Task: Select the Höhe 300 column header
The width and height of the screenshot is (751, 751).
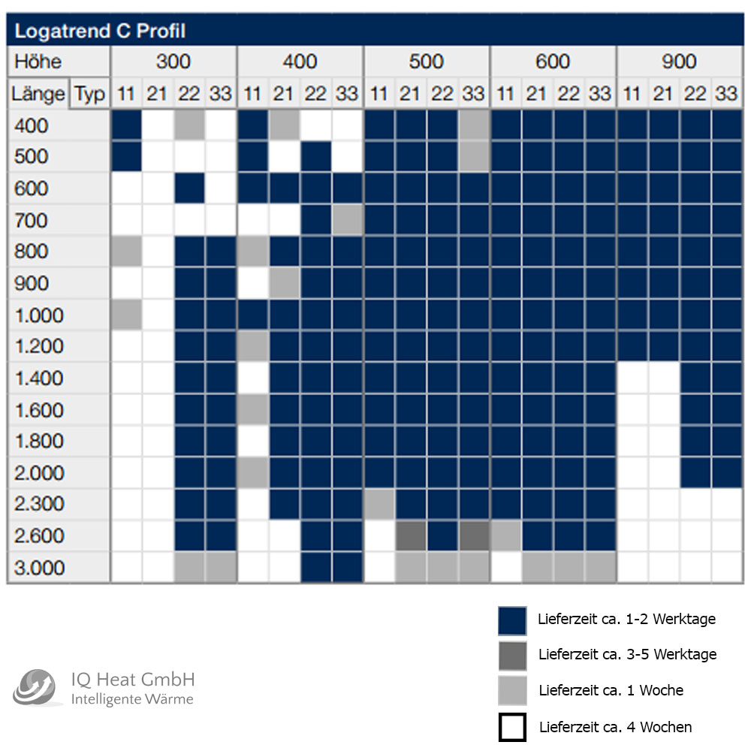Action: [173, 61]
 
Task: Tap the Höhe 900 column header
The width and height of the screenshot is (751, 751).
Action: [679, 61]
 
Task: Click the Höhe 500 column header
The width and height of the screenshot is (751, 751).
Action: [427, 61]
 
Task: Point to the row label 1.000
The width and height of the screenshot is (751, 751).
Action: [40, 315]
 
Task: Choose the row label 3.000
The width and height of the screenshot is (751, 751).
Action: [40, 568]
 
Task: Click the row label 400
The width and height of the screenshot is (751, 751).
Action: [31, 125]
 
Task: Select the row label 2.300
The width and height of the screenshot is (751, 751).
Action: [40, 504]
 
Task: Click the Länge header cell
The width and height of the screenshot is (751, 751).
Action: [38, 94]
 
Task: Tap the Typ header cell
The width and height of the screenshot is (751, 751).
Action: [90, 94]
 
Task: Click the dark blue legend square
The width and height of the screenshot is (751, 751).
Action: [512, 620]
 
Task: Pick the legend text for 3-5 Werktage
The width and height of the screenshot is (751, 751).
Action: [627, 654]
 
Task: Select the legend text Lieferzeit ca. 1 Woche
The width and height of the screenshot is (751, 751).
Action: [611, 689]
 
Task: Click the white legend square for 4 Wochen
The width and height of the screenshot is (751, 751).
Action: [512, 727]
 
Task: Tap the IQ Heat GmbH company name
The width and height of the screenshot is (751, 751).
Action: [133, 680]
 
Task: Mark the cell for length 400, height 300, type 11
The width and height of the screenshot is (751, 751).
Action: [126, 125]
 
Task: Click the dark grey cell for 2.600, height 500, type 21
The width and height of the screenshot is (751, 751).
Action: [411, 535]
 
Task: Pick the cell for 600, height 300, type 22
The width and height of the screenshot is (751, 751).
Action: [189, 189]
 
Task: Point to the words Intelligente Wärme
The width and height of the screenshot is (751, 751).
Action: [132, 700]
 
